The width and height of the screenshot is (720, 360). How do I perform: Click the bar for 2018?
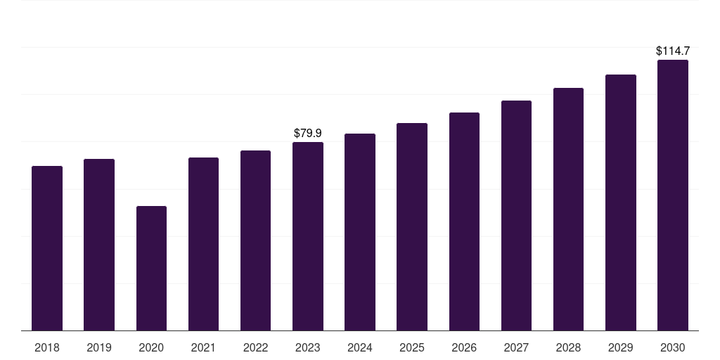click(47, 248)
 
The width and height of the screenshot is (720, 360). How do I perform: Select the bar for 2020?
click(152, 269)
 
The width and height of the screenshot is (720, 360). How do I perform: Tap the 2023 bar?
click(308, 236)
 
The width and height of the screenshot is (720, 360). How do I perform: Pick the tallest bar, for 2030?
click(673, 195)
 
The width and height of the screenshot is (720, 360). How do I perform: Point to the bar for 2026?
click(464, 221)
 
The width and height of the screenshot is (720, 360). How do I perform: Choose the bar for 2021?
click(203, 244)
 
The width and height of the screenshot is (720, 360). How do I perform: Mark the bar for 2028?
click(568, 210)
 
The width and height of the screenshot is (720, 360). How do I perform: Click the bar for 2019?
click(99, 245)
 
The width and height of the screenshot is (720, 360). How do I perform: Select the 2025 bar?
click(412, 227)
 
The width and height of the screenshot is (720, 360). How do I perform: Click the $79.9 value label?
click(308, 133)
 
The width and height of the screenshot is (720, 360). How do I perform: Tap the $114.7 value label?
click(673, 51)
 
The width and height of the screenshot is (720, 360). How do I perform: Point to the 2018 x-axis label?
click(47, 347)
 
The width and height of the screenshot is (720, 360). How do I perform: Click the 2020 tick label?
click(152, 347)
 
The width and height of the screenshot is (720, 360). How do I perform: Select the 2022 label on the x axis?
click(255, 347)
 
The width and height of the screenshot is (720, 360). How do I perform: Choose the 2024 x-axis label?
click(360, 347)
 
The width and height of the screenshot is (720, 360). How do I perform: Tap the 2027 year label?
click(516, 347)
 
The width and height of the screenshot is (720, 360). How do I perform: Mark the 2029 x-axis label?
click(621, 347)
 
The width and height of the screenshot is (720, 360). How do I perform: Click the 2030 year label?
click(673, 347)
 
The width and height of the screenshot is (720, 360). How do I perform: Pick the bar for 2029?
click(621, 202)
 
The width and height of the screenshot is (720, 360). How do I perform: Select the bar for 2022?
click(255, 240)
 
